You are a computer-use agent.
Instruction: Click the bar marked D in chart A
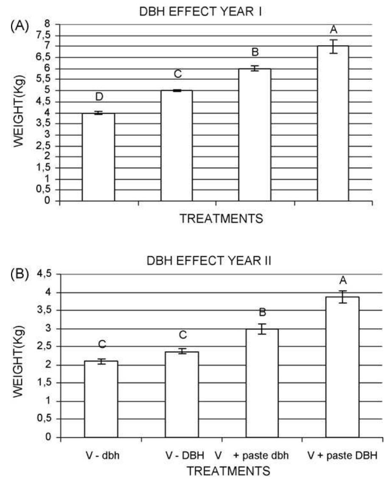(98, 157)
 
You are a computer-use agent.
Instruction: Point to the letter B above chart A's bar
(255, 52)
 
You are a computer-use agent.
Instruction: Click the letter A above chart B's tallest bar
(343, 280)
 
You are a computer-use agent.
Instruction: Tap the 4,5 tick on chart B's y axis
(44, 274)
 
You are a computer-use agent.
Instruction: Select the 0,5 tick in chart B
(44, 419)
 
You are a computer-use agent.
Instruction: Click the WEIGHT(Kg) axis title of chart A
(18, 112)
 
